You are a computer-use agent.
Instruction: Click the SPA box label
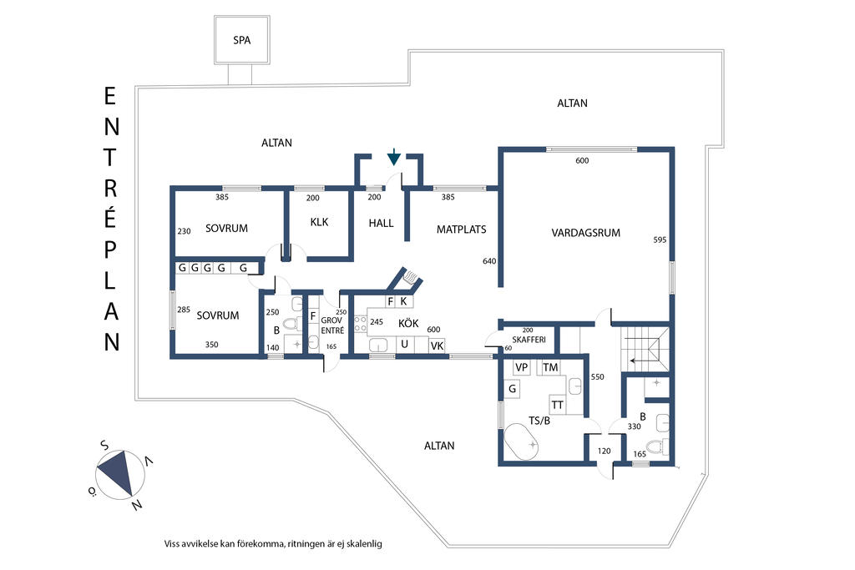pos(241,40)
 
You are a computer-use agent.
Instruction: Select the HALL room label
pos(381,223)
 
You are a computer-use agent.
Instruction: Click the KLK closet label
pos(319,223)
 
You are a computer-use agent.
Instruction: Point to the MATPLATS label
pos(461,229)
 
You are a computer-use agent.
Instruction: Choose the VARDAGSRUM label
pos(585,233)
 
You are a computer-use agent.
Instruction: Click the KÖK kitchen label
pos(407,322)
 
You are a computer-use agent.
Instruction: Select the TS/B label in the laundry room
pos(540,420)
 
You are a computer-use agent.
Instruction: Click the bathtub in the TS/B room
pos(524,442)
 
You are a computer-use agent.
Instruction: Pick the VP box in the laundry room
pos(522,367)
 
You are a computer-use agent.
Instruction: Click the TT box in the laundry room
pos(557,405)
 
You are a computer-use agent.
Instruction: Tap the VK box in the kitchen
pos(437,345)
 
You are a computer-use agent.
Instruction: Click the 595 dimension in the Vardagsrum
pos(660,240)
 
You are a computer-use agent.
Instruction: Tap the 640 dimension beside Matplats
pos(489,261)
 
